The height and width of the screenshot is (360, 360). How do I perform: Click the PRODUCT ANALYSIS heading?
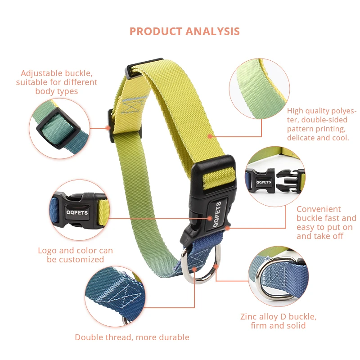[x=184, y=31]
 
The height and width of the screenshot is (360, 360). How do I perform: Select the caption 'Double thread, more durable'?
[x=132, y=337]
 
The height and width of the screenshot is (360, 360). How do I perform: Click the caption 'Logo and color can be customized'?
[x=75, y=255]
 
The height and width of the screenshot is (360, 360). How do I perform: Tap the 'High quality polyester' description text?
[x=321, y=124]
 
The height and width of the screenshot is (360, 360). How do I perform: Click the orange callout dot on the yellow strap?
[x=209, y=135]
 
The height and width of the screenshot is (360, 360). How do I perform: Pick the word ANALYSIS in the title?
[x=212, y=31]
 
